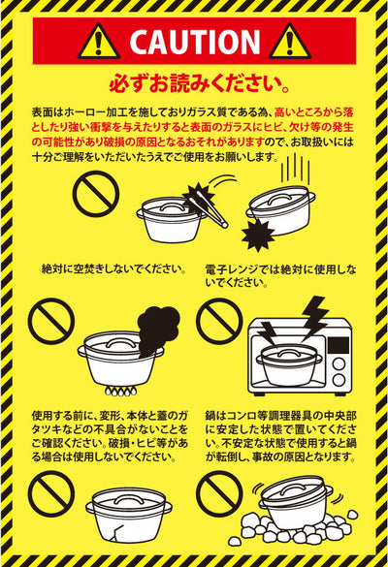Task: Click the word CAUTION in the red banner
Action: [195, 42]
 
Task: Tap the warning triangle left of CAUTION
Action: [98, 42]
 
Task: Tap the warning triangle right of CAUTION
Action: [290, 42]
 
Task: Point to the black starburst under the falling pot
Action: [258, 236]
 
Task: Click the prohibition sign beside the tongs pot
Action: [96, 194]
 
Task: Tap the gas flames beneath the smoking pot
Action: [121, 391]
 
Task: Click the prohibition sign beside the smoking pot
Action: [51, 321]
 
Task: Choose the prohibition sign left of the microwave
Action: [219, 321]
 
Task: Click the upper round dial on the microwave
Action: [339, 363]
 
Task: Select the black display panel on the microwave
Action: [339, 345]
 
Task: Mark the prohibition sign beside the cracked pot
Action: [51, 494]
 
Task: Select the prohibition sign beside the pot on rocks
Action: [219, 494]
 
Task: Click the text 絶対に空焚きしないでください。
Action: [114, 269]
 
